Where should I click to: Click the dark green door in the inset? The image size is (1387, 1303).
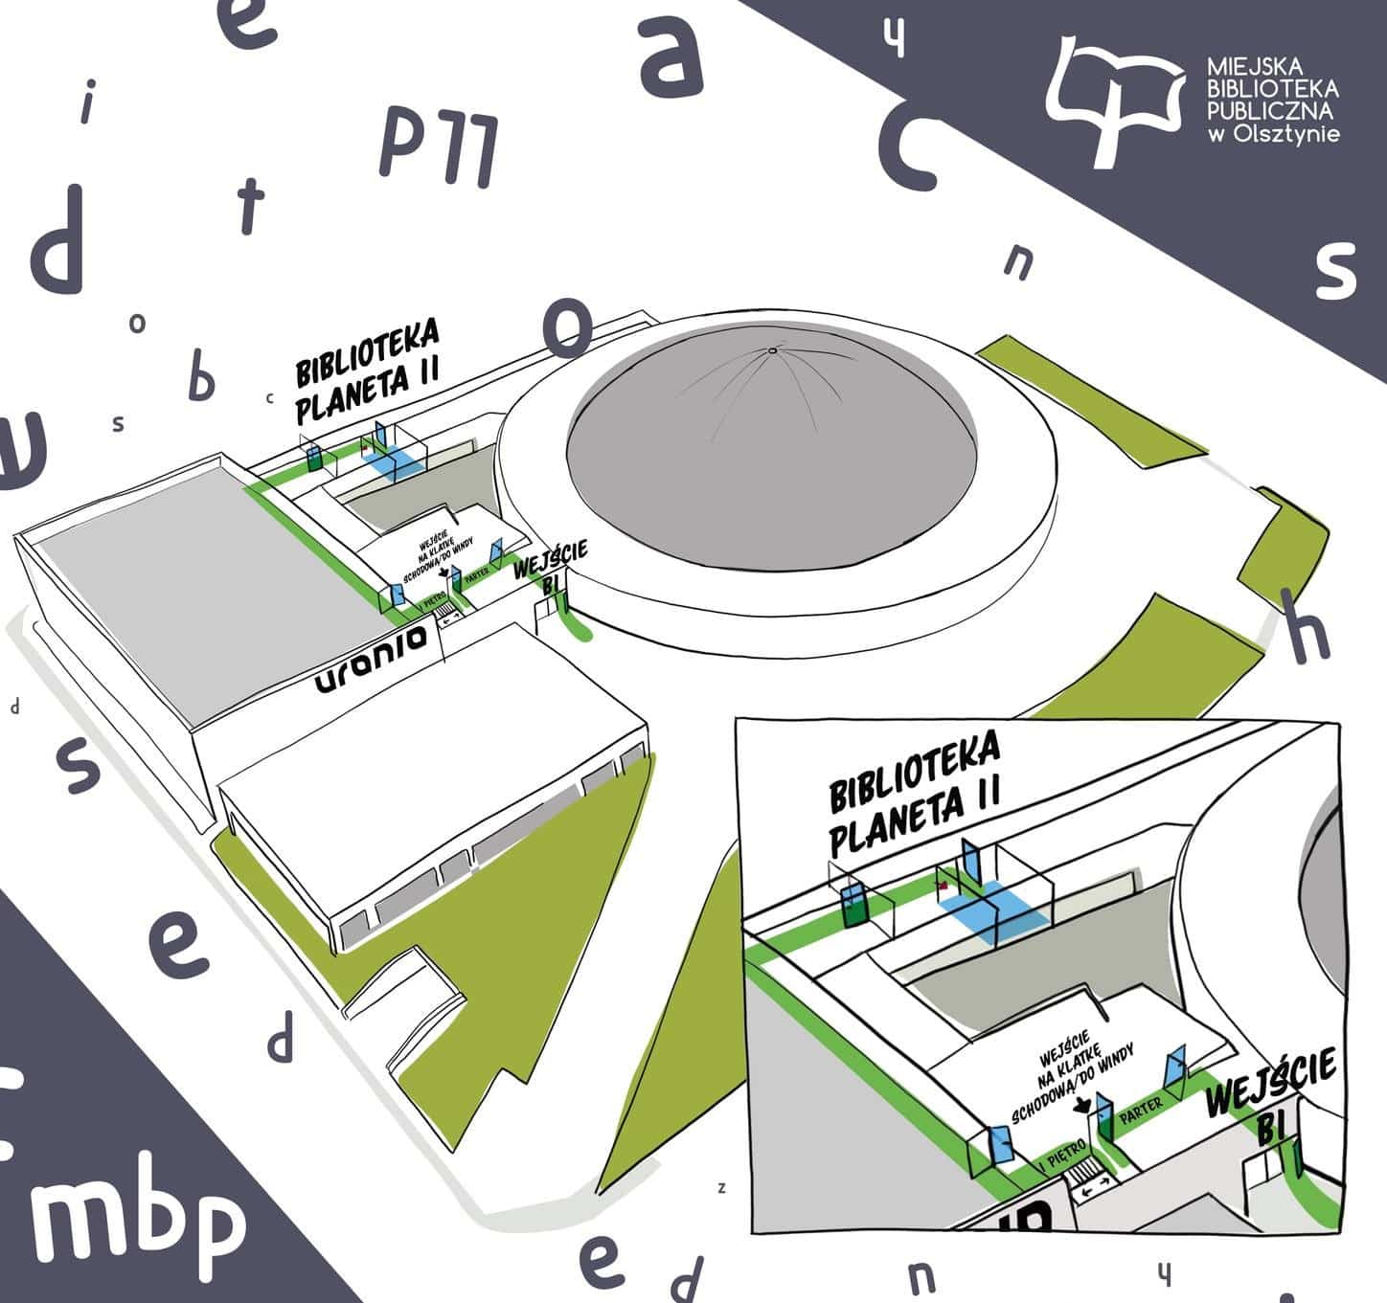[851, 905]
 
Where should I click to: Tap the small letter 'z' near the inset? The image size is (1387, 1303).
[722, 1188]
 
